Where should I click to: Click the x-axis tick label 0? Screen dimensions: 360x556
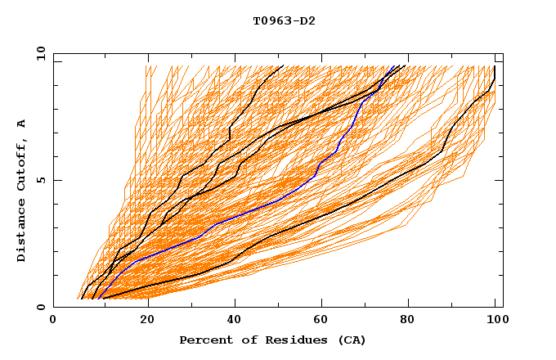point(53,322)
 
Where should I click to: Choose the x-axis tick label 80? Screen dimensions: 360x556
point(407,322)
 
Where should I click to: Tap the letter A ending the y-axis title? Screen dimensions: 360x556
point(22,123)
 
